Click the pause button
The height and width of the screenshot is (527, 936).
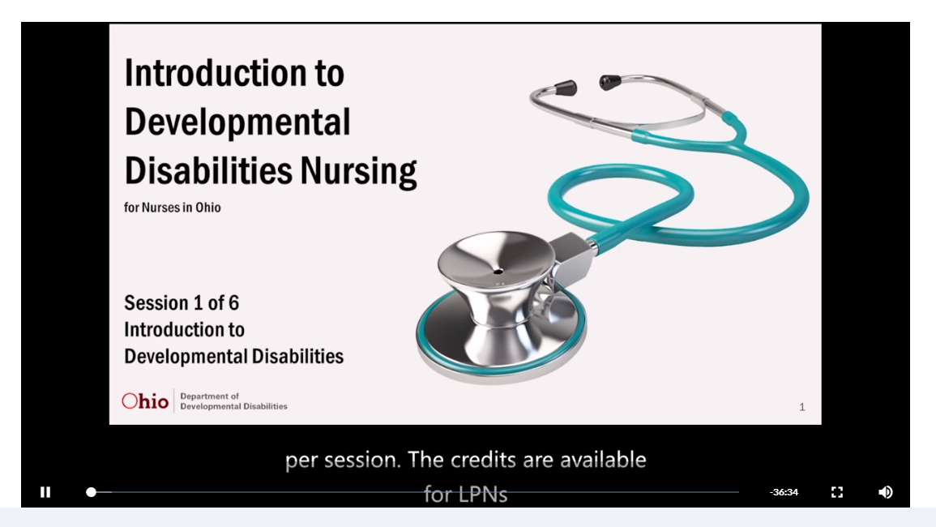45,492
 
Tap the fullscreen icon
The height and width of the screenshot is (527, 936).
837,492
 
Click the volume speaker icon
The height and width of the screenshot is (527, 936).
885,492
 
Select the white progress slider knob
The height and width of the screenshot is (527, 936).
91,492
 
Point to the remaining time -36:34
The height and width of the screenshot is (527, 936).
784,492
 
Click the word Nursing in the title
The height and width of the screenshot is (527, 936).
358,172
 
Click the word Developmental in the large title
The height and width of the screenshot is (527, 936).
237,122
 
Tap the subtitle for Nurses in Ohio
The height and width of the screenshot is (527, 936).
173,208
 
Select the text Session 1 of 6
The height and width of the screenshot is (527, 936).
182,303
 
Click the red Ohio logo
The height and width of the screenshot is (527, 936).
145,401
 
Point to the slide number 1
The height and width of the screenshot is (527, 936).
802,407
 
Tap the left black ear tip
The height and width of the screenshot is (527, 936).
565,88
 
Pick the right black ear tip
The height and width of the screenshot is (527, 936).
609,82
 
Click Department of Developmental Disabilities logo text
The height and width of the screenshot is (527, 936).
233,401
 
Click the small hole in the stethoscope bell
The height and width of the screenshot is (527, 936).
498,272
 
